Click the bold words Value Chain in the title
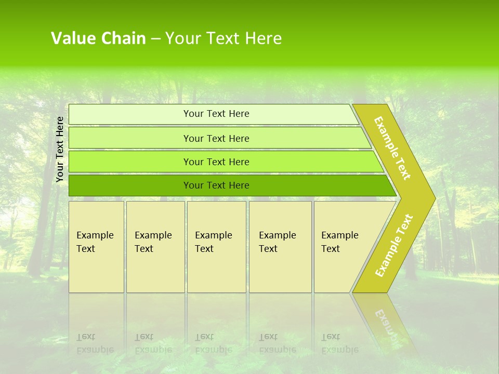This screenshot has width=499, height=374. click(x=98, y=38)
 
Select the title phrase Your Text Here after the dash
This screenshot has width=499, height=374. click(x=224, y=38)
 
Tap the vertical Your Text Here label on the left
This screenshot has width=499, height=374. click(x=60, y=149)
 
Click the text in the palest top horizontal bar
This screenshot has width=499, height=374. click(x=216, y=114)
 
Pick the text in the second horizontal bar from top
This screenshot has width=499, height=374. click(x=216, y=139)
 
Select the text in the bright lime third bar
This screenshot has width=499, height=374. click(x=216, y=162)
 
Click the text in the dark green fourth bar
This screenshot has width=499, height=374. click(x=216, y=185)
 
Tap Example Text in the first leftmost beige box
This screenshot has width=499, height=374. click(x=95, y=242)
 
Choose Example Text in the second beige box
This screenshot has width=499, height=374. click(x=153, y=242)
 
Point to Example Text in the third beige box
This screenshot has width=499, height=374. click(x=213, y=242)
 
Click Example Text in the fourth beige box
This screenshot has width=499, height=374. click(x=277, y=242)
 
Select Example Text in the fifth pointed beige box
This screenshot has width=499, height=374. click(x=339, y=242)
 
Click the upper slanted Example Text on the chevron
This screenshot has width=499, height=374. click(x=392, y=148)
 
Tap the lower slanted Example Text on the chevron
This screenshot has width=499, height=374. click(x=394, y=245)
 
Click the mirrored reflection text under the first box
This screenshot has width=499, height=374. click(x=95, y=343)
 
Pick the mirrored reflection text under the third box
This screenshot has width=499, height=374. click(x=213, y=343)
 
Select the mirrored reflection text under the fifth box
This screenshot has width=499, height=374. click(x=339, y=343)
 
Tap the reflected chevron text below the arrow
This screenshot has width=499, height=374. click(x=387, y=325)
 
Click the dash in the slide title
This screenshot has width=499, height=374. click(x=155, y=39)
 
